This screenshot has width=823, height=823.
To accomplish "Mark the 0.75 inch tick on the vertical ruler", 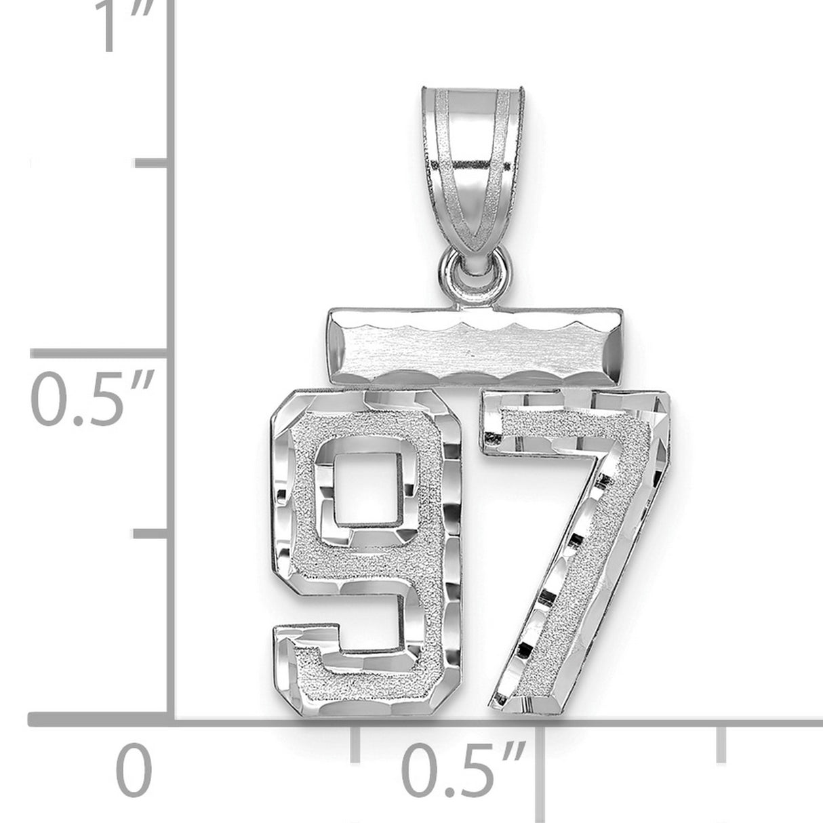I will point(152,163).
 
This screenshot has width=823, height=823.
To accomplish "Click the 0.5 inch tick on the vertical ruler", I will point(102,352).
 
